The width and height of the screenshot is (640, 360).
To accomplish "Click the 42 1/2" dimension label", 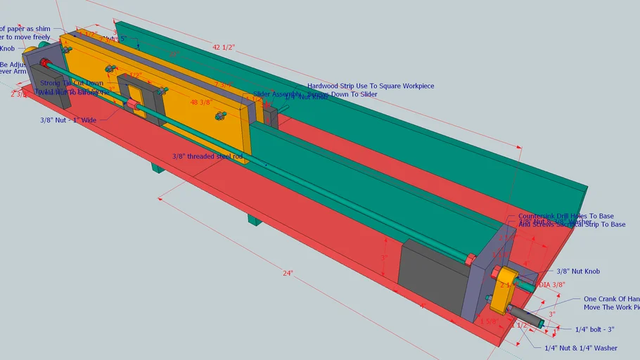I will (223, 47).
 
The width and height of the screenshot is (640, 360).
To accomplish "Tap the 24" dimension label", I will (288, 273).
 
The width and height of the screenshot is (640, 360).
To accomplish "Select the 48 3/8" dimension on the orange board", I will (201, 103).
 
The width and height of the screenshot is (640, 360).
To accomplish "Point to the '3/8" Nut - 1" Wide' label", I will (70, 120).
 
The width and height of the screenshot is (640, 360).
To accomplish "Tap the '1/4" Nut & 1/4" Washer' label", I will (581, 347).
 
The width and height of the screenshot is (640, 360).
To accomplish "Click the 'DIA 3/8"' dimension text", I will (553, 285).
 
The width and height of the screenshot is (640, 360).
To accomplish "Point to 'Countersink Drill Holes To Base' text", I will (565, 216).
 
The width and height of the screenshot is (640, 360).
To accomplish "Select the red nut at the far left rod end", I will (44, 64).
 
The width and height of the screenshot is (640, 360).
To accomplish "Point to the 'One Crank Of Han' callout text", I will (611, 299).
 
